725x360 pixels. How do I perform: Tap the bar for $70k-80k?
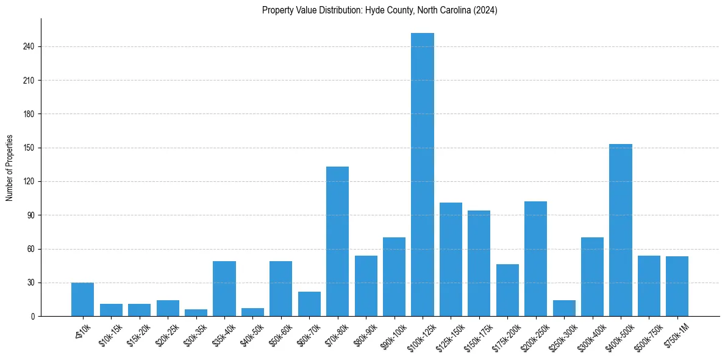coord(337,242)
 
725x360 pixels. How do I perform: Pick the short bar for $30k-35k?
coord(196,313)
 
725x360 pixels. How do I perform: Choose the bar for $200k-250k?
coord(535,259)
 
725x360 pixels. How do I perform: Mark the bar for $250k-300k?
coord(564,309)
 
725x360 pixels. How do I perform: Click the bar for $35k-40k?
coord(224,289)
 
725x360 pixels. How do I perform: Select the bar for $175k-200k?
coord(507,290)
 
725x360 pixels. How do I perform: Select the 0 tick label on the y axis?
coord(33,317)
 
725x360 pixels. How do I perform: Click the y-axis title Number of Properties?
coord(10,168)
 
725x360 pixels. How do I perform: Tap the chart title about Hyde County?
coord(379,10)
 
